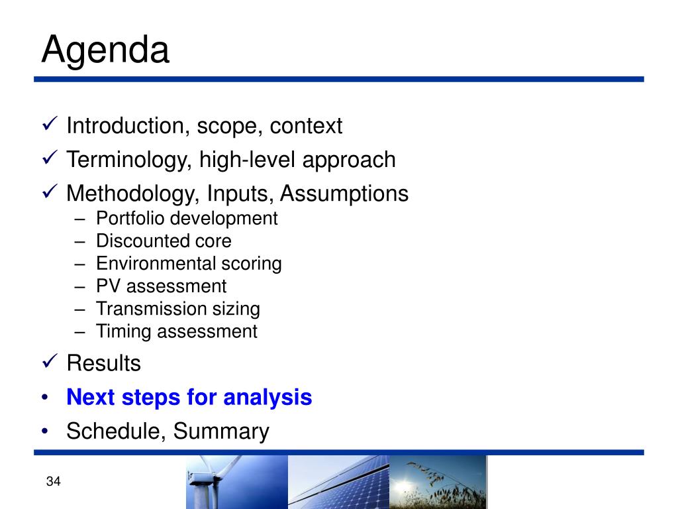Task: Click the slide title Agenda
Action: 105,50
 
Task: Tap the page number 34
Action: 53,481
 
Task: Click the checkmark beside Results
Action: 50,361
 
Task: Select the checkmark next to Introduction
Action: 50,123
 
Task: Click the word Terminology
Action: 128,160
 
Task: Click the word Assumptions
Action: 344,194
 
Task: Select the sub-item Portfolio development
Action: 187,219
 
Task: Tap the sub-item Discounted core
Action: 164,241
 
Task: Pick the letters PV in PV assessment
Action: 108,286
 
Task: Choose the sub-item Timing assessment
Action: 177,332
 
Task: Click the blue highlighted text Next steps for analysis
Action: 189,398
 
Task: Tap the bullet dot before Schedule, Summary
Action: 45,431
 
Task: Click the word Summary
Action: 221,431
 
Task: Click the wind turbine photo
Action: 237,482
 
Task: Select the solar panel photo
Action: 338,482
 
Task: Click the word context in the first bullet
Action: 306,126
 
